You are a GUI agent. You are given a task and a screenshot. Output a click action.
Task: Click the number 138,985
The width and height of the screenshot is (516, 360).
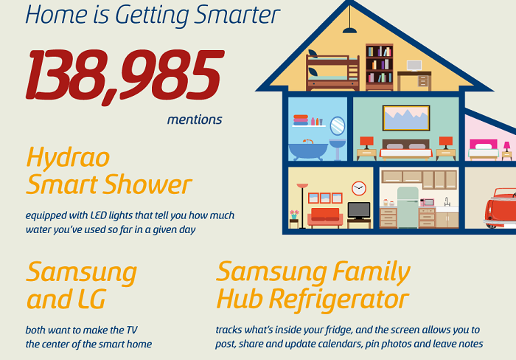(x=125, y=77)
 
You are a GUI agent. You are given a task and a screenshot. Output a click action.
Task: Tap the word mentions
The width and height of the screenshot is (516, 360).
(x=195, y=120)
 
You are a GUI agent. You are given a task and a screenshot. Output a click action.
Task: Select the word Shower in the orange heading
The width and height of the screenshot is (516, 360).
(x=147, y=184)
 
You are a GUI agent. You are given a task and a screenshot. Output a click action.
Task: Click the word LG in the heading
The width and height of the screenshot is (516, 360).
(x=92, y=299)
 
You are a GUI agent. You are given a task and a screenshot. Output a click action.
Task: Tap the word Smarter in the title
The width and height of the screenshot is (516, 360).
(x=237, y=15)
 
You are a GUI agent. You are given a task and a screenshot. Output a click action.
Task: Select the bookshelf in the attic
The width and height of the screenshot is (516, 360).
(x=380, y=67)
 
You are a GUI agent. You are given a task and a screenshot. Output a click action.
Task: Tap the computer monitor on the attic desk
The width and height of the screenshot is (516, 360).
(x=414, y=66)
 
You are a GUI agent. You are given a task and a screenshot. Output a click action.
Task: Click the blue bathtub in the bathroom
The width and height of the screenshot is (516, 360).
(x=308, y=151)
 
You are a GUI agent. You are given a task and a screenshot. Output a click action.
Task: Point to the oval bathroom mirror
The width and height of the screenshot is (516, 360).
(x=338, y=126)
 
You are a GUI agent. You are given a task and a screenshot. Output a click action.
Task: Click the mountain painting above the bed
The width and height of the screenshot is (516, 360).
(x=406, y=118)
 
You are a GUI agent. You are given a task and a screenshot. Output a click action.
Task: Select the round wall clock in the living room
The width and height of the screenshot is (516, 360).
(x=359, y=188)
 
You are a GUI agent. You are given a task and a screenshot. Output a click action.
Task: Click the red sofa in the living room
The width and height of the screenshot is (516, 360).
(x=325, y=218)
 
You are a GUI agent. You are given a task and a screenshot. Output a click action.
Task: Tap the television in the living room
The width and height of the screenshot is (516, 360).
(x=359, y=211)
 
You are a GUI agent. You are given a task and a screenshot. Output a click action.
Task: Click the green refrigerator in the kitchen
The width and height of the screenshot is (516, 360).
(x=408, y=207)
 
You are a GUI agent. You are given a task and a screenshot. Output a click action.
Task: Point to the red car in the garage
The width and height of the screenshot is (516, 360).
(x=500, y=208)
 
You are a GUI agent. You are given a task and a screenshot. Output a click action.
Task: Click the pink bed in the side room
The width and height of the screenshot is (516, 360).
(x=484, y=150)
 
